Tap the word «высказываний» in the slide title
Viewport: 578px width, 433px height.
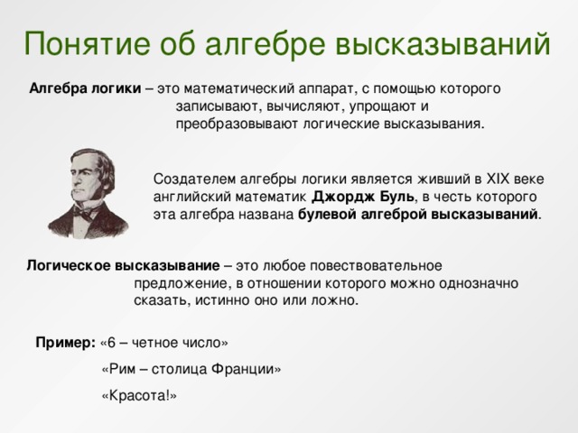pyautogui.click(x=443, y=41)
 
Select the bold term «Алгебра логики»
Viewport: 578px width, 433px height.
pyautogui.click(x=85, y=89)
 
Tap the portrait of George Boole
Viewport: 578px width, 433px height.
pyautogui.click(x=87, y=193)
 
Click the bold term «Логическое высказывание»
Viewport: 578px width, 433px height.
pyautogui.click(x=123, y=266)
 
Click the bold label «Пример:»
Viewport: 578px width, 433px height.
pyautogui.click(x=66, y=343)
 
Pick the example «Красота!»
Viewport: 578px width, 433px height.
pyautogui.click(x=139, y=395)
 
